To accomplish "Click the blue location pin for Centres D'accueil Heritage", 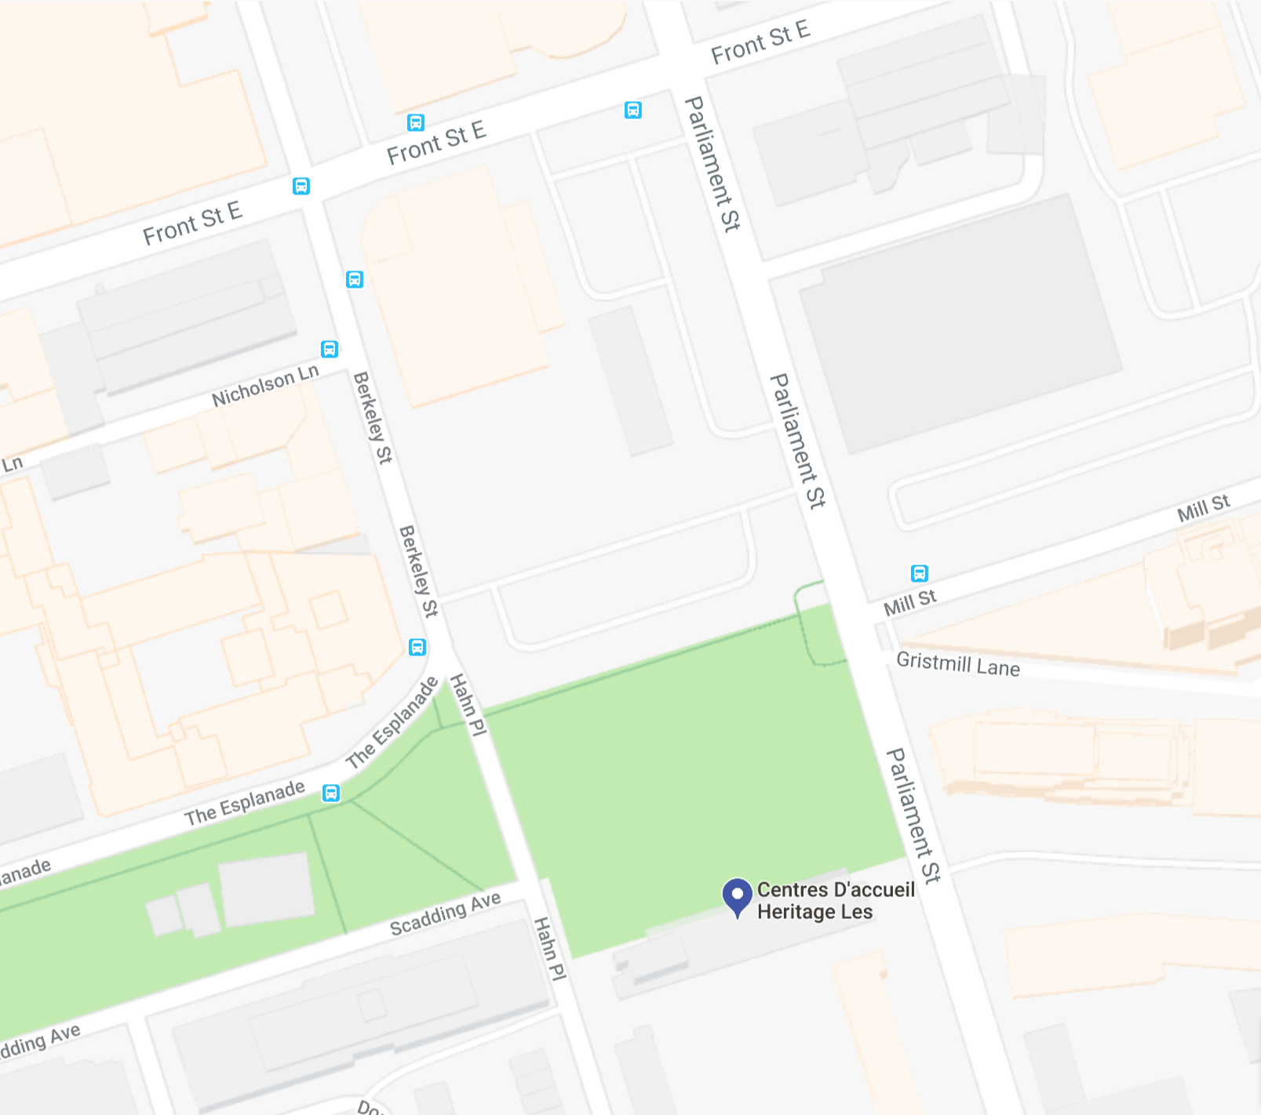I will pos(737,895).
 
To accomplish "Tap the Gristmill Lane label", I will pos(958,664).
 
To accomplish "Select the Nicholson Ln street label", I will pos(265,386).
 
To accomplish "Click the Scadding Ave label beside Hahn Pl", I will pos(445,914).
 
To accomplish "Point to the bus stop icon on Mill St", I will pos(919,573).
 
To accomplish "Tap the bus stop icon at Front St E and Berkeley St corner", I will pos(301,186).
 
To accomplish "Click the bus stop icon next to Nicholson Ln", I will pos(330,349).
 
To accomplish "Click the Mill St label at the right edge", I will pos(1203,508).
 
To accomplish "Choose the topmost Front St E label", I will pos(760,42).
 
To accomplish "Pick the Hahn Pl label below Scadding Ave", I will pos(549,949).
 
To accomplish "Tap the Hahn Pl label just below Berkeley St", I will pos(468,704).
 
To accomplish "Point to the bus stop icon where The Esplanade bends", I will pos(331,793).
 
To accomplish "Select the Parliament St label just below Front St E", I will pos(712,164).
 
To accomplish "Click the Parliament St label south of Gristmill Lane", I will pos(913,815).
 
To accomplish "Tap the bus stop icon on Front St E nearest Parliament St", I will pos(633,110).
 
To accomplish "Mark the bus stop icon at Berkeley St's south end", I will pos(417,647).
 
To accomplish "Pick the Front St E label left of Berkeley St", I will pos(192,223).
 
